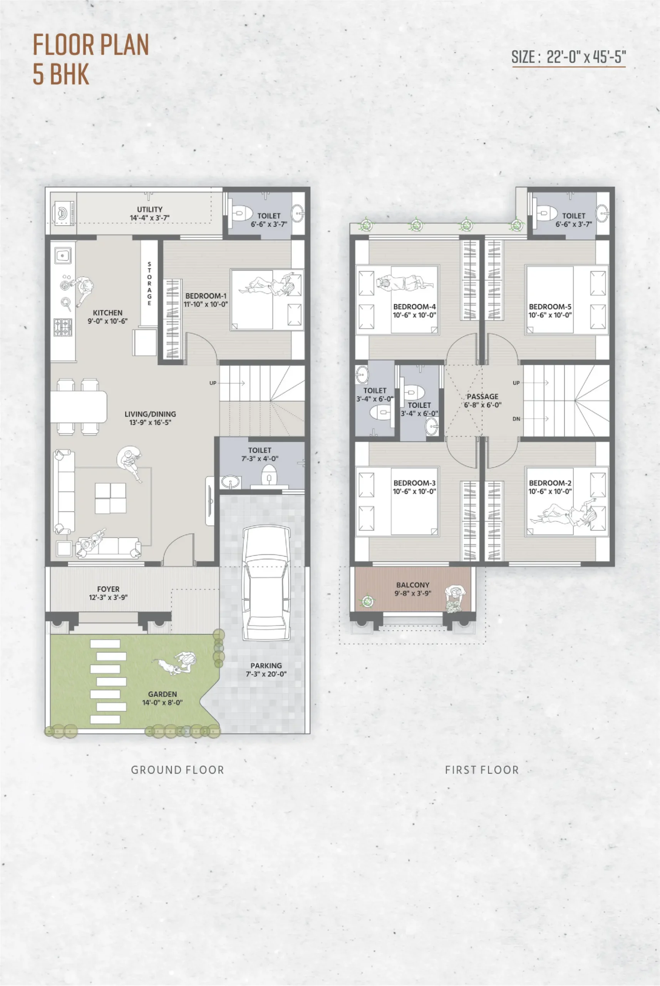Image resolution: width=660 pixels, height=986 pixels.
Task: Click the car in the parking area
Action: pos(267,583)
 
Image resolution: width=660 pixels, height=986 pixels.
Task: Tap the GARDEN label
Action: pos(162,694)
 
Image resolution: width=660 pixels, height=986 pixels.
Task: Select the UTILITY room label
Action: pos(149,209)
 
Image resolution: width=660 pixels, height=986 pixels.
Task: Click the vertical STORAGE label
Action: pos(149,284)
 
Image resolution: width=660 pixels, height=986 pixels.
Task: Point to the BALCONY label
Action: pos(412,585)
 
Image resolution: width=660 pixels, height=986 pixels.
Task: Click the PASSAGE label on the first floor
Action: pos(482,397)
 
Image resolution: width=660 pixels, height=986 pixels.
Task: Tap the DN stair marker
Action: pos(516,419)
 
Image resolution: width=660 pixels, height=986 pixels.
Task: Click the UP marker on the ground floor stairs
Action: pos(213,383)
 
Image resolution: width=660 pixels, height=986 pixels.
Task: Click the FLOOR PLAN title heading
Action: pos(91,45)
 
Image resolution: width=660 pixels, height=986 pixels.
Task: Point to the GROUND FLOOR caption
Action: pos(177,770)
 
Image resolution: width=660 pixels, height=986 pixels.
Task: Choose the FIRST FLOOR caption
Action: pos(482,770)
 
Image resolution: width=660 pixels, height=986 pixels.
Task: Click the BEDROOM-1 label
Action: pos(206,296)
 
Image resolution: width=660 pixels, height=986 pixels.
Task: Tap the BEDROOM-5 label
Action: pos(550,307)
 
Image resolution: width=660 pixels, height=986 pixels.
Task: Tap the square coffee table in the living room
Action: pos(110,498)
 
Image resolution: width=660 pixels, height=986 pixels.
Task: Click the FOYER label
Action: pos(108,589)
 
